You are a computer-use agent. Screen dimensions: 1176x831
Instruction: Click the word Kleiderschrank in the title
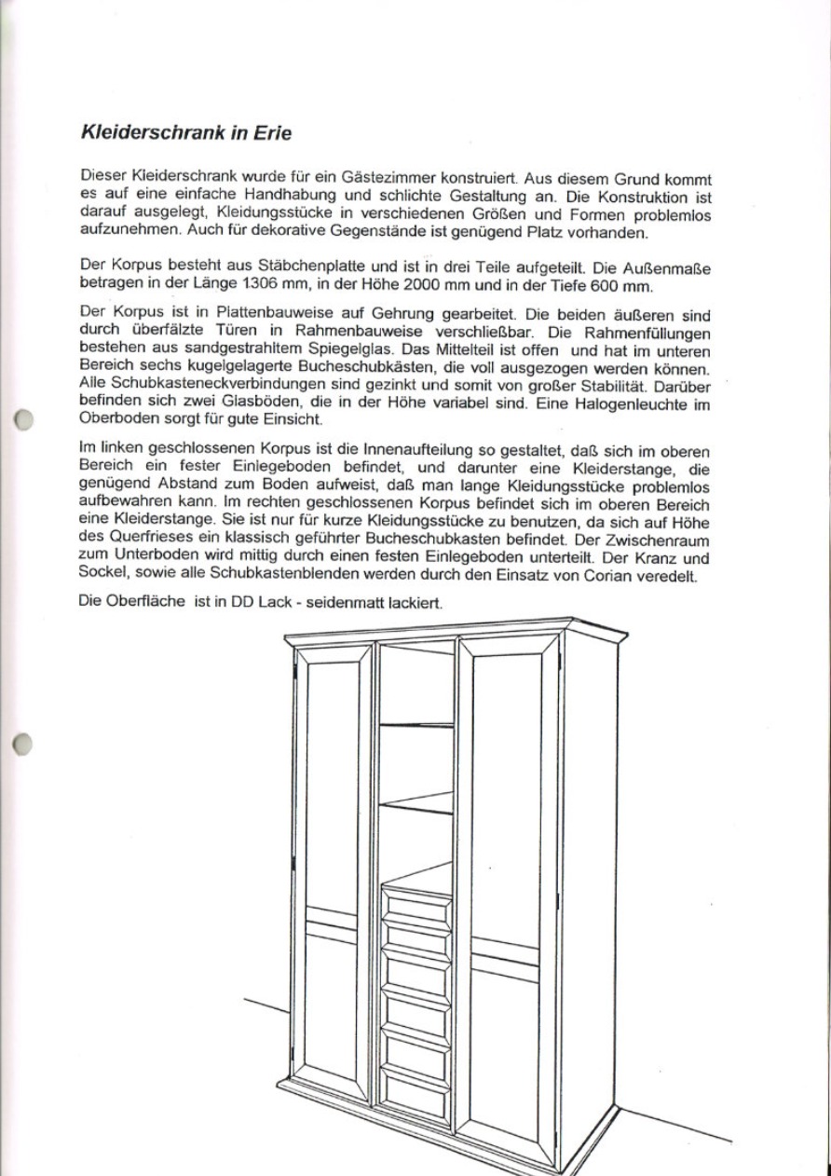click(153, 132)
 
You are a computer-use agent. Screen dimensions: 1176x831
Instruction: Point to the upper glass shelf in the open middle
click(416, 723)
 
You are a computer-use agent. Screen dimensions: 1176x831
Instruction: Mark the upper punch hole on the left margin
click(25, 418)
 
